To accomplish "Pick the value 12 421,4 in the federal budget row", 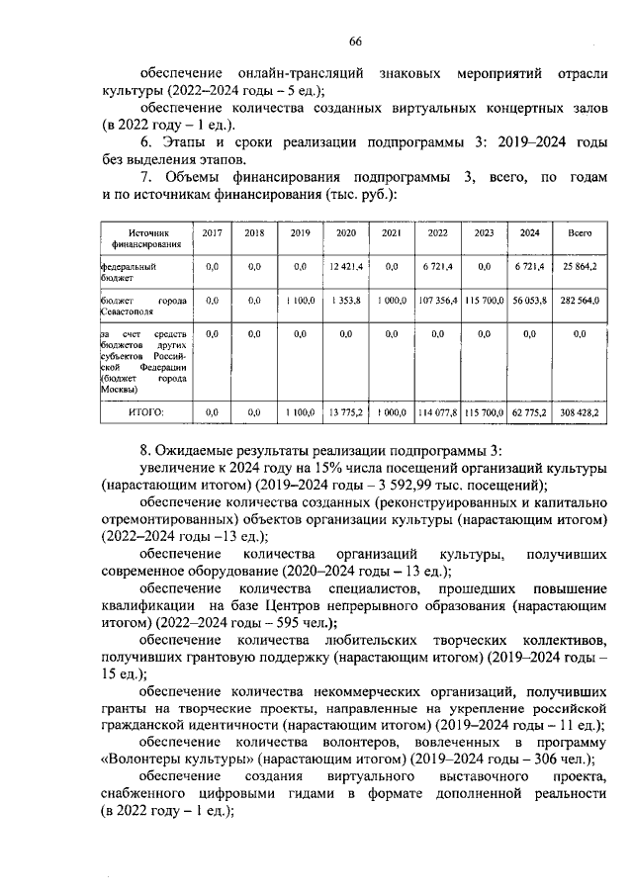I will point(346,267).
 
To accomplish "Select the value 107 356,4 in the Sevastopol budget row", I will point(437,300).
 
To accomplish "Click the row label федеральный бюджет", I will point(129,272).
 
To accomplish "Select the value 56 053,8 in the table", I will point(530,300).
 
